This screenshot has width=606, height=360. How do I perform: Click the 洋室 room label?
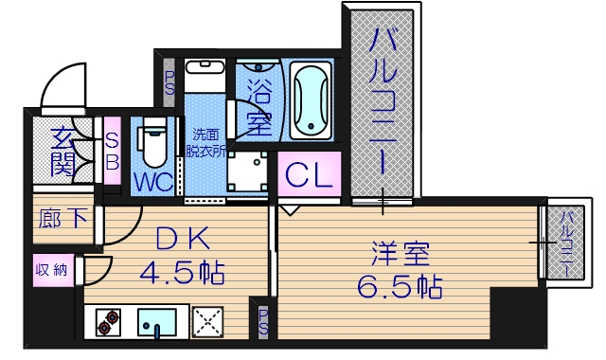click(399, 255)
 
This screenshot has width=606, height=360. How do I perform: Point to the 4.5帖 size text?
click(182, 275)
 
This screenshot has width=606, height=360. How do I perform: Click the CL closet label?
click(309, 175)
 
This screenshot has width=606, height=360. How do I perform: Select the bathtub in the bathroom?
click(313, 100)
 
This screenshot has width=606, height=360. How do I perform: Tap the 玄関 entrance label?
click(62, 152)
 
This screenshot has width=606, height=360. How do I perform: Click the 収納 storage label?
click(52, 271)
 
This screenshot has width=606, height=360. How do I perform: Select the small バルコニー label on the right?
click(564, 243)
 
